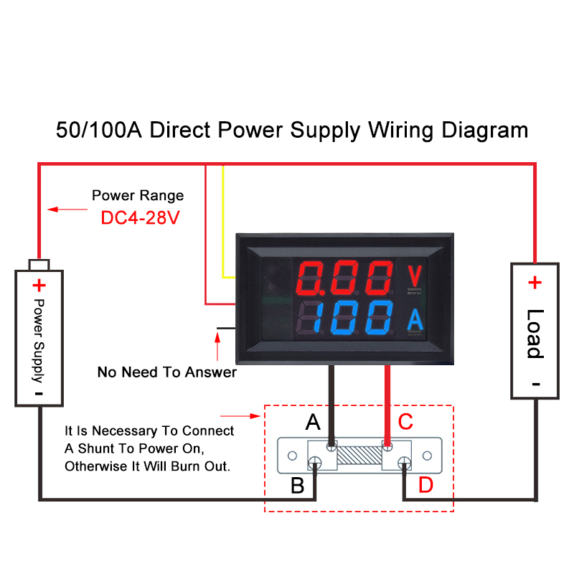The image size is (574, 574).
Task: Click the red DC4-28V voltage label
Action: click(140, 218)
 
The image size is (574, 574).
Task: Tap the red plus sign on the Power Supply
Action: click(39, 286)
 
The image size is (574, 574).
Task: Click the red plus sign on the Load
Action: click(535, 282)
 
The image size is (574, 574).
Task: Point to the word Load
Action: click(535, 334)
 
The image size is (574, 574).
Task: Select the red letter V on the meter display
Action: click(415, 276)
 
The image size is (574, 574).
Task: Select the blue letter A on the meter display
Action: click(415, 319)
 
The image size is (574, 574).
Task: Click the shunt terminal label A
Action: click(313, 422)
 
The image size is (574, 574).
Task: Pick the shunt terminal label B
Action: click(297, 486)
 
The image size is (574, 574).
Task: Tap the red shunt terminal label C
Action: click(405, 422)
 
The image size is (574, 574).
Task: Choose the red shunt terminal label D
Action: click(425, 485)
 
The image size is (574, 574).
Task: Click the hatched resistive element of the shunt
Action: click(359, 455)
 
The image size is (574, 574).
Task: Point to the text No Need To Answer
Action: click(167, 372)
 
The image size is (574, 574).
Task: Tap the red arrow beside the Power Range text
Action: click(67, 210)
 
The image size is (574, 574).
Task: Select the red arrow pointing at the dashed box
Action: click(240, 416)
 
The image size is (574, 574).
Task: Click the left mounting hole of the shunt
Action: click(292, 456)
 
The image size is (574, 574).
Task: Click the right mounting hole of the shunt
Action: click(427, 456)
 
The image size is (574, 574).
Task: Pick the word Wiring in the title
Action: click(401, 131)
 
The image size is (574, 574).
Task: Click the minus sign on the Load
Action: click(536, 384)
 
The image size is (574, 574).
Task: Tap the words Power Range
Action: click(138, 195)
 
